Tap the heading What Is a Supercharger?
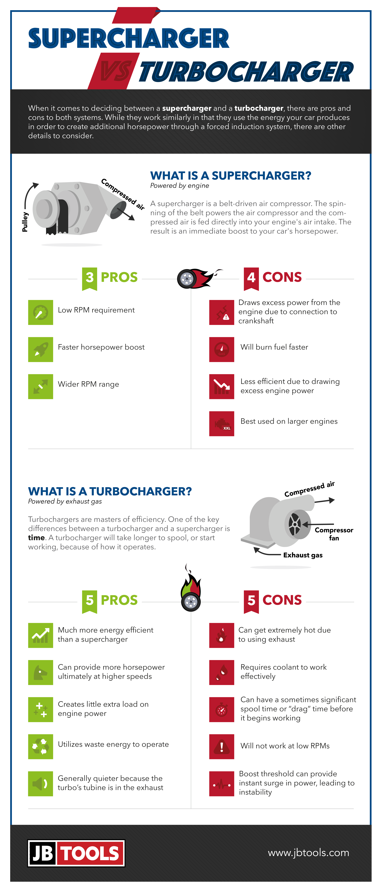point(230,176)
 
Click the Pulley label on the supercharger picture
point(25,222)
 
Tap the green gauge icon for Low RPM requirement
point(41,312)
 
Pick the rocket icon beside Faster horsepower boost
point(41,349)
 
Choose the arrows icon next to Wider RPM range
point(41,386)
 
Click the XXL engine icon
point(222,424)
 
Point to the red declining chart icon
point(222,386)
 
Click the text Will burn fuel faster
point(274,347)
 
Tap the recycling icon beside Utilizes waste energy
point(41,747)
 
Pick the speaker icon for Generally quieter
point(41,784)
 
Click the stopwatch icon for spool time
point(222,709)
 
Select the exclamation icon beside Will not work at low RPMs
point(222,747)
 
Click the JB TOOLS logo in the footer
point(76,853)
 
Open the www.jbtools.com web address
point(308,852)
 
